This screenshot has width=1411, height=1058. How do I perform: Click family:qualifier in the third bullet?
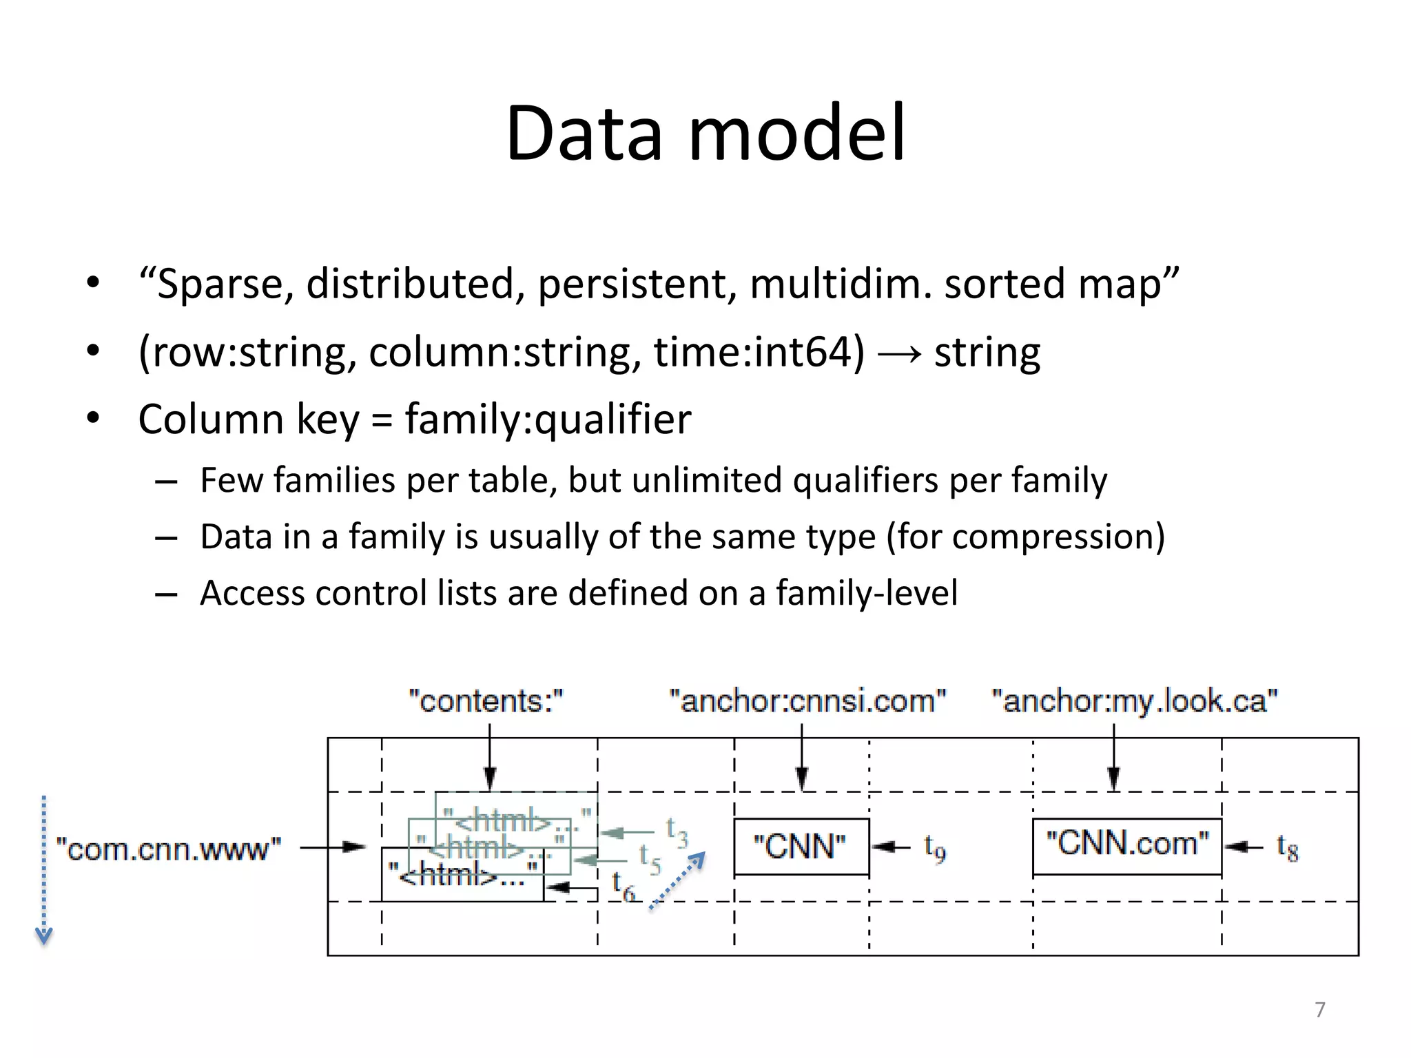(548, 419)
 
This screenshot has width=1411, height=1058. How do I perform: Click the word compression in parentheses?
(1052, 537)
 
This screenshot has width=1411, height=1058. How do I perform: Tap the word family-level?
(867, 593)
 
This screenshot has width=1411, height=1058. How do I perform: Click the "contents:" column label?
(486, 701)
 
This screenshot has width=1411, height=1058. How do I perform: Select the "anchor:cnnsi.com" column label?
(807, 701)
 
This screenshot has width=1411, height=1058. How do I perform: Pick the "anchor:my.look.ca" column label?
(1134, 701)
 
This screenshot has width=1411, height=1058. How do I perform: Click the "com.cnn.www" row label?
(169, 849)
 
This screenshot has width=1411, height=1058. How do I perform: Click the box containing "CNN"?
(801, 847)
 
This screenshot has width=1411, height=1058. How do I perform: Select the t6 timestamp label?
(624, 886)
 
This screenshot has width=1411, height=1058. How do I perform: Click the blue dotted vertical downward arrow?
(43, 871)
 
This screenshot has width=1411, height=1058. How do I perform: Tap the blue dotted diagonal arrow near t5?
(678, 881)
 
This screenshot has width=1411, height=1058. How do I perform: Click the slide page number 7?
(1319, 1009)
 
